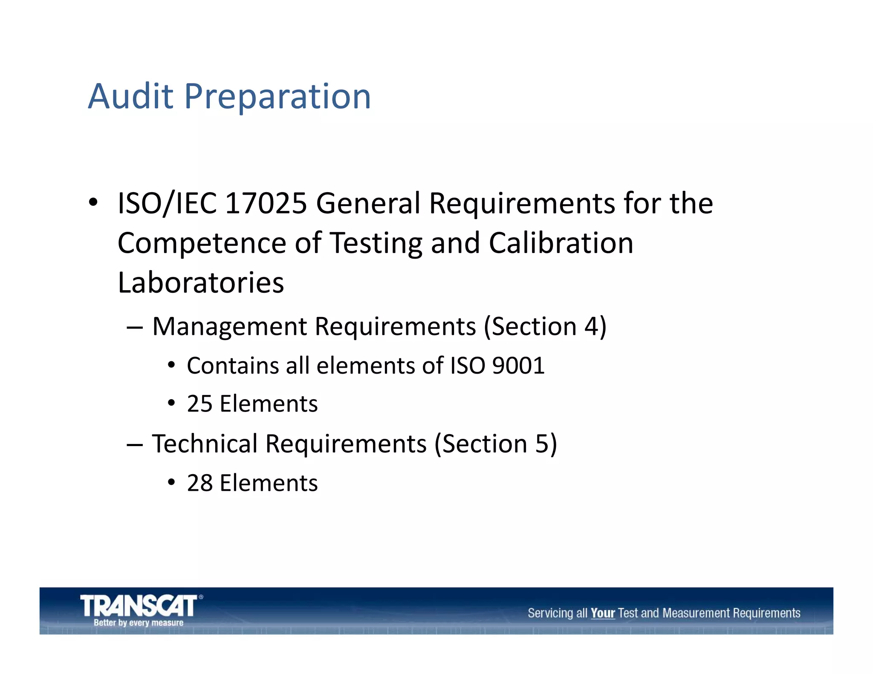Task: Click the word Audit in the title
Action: tap(130, 96)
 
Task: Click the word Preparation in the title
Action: tap(278, 97)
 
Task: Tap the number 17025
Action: tap(266, 203)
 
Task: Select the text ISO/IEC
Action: tap(167, 203)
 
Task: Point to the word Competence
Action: tap(202, 243)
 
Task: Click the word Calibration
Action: tap(561, 243)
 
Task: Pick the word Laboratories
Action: tap(201, 282)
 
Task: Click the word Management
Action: tap(229, 327)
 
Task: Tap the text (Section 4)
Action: tap(545, 327)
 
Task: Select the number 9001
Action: tap(518, 366)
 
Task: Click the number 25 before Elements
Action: tap(199, 403)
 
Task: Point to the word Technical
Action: tap(205, 444)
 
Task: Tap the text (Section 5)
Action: tap(495, 444)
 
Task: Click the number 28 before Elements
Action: tap(199, 483)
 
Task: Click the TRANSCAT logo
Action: tap(139, 605)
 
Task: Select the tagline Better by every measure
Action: tap(139, 623)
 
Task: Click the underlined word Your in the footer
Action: tap(602, 613)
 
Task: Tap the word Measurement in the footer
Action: tap(696, 613)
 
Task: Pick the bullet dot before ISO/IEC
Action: tap(93, 202)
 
